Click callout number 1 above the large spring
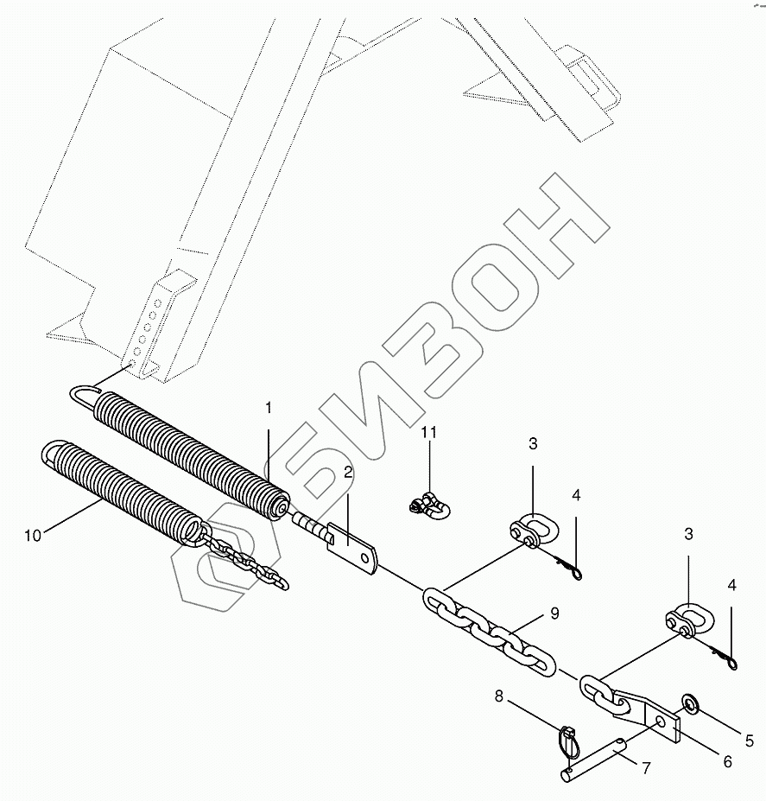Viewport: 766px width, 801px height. coord(268,406)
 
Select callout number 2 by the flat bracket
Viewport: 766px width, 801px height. coord(346,472)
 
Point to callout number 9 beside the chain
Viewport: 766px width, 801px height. coord(554,614)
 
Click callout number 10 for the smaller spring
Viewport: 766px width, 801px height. coord(32,536)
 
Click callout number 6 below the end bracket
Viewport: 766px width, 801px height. coord(727,761)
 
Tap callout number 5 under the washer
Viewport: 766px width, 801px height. coord(749,741)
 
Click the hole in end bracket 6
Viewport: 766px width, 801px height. coord(660,720)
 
